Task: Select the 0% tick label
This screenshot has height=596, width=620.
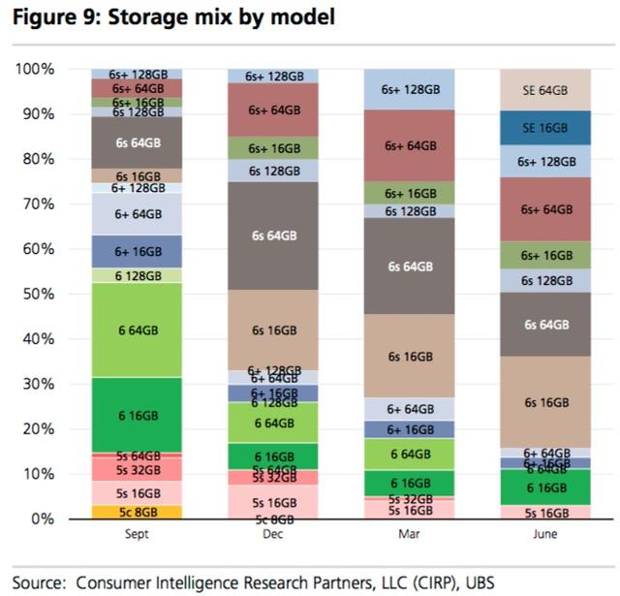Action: (x=43, y=518)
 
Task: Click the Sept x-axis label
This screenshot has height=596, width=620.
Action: (x=136, y=532)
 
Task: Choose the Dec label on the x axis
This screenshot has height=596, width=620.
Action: (x=273, y=532)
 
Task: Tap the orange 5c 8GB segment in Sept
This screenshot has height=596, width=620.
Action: (x=136, y=512)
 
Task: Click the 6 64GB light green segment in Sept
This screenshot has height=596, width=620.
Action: (x=136, y=330)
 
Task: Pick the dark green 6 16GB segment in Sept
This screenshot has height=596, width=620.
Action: (x=136, y=414)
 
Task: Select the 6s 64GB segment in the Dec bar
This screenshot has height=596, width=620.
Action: (x=273, y=235)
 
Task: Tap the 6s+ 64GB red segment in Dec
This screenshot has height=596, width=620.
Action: (x=273, y=110)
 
